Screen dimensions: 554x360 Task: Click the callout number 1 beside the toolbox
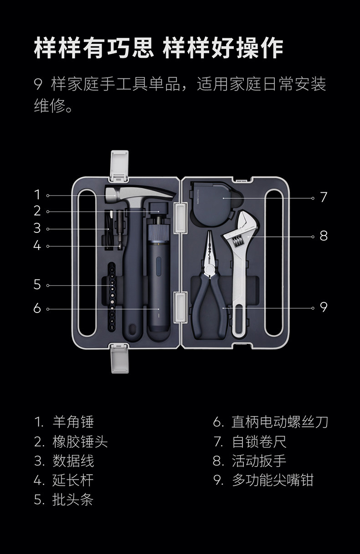[x=37, y=195]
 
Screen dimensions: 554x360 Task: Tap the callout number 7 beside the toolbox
[x=324, y=197]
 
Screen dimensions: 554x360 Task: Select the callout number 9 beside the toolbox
[x=324, y=308]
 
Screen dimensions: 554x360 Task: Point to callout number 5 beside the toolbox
[x=37, y=285]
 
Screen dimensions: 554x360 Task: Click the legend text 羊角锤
[x=73, y=422]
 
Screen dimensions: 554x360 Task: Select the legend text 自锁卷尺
[x=259, y=441]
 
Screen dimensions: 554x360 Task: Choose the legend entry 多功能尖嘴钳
[x=273, y=480]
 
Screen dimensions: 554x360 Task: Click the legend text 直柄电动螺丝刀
[x=279, y=422]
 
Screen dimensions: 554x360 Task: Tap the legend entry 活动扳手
[x=259, y=461]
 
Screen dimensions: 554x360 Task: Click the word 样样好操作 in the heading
[x=223, y=48]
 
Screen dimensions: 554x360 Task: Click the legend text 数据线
[x=73, y=461]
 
